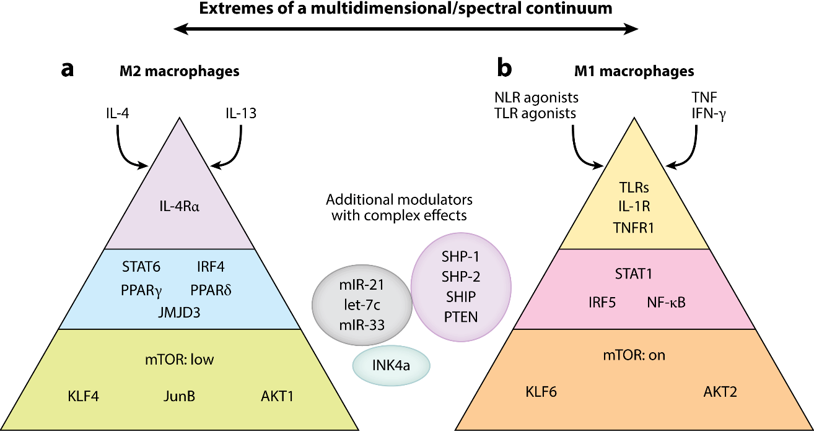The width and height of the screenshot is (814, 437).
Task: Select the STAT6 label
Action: click(142, 267)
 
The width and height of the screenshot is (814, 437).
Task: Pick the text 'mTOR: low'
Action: click(180, 360)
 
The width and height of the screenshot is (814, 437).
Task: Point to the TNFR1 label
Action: click(634, 227)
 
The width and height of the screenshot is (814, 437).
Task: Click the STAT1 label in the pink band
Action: click(634, 274)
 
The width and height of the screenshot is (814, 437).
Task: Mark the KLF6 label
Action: click(540, 391)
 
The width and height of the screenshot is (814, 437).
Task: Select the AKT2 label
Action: click(722, 391)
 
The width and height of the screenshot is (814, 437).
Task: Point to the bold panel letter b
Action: click(504, 69)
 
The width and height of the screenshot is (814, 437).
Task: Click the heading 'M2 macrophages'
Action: click(179, 72)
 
